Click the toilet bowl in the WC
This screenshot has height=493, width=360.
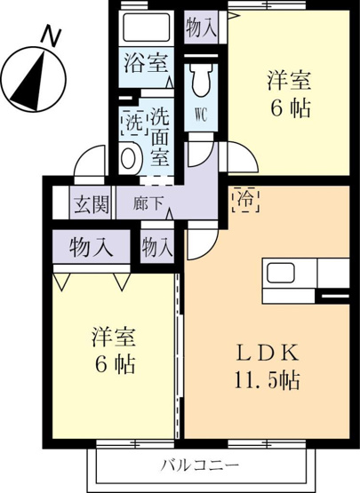click(x=201, y=80)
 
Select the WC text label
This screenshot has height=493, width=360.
click(x=201, y=115)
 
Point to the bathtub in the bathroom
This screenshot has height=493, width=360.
click(x=147, y=26)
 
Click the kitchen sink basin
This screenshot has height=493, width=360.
click(x=281, y=273)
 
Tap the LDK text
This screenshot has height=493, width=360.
click(x=267, y=354)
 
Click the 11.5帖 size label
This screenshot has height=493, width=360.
click(x=267, y=380)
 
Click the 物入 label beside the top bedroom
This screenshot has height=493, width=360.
click(x=202, y=28)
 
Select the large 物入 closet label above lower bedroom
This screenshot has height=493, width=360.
click(x=91, y=246)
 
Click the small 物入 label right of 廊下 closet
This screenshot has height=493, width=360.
click(x=157, y=247)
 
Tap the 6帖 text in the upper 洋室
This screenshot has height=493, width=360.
click(x=291, y=107)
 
